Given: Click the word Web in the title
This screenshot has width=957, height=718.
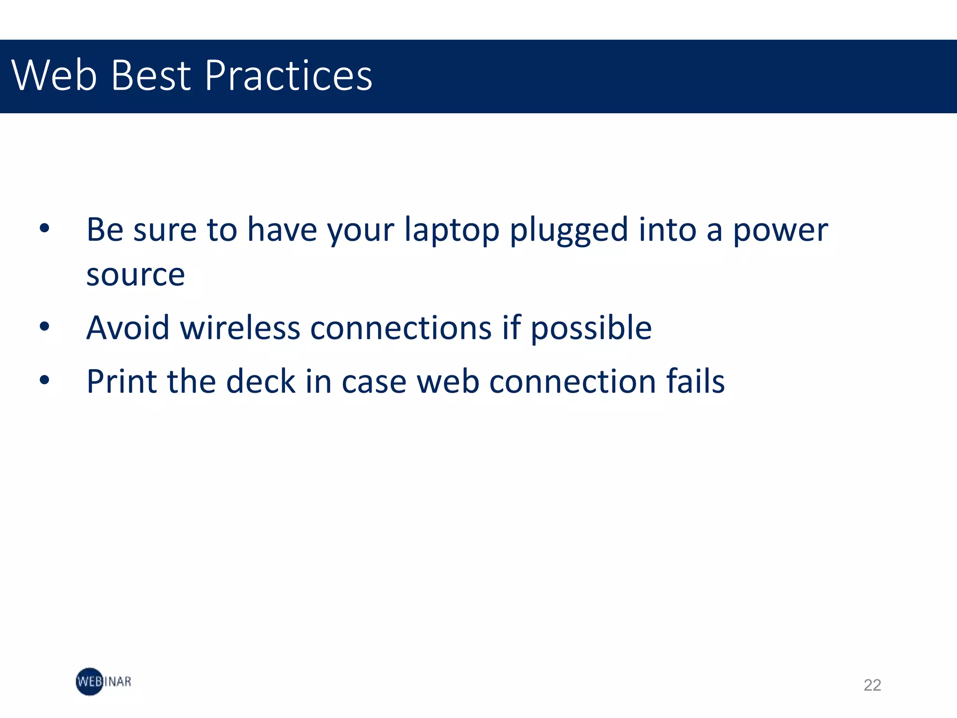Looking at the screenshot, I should click(54, 76).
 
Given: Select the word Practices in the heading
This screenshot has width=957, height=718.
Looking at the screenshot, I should click(288, 76).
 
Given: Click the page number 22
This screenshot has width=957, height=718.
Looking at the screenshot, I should click(872, 685).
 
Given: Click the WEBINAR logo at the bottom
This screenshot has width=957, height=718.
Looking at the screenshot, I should click(103, 682).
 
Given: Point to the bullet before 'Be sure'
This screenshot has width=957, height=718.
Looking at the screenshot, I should click(44, 229).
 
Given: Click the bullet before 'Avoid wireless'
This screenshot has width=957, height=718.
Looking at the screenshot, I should click(44, 327).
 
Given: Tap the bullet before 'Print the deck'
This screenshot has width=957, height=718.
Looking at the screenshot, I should click(44, 380).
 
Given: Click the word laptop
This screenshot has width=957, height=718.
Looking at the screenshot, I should click(451, 231).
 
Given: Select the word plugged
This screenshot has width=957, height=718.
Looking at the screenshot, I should click(568, 231).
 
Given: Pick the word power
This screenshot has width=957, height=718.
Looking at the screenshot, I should click(780, 231).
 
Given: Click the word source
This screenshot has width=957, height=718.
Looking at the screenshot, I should click(136, 275).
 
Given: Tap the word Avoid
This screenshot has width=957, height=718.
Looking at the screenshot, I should click(128, 328).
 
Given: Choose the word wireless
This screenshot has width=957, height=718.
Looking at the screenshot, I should click(240, 328).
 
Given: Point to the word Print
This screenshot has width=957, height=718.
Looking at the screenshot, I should click(121, 381).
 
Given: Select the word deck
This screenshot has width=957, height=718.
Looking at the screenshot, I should click(261, 381).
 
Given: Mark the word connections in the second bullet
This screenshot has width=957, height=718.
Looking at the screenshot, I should click(401, 328).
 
